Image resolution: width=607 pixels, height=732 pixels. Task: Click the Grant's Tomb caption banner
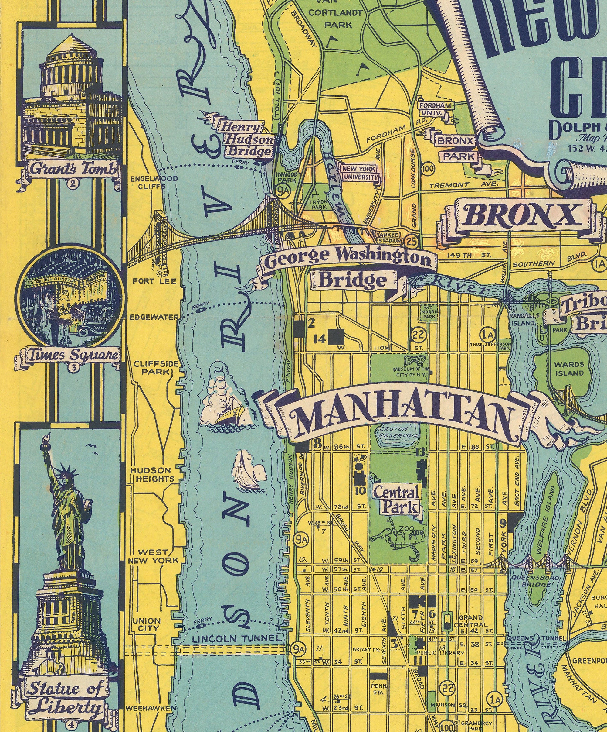pyautogui.click(x=73, y=170)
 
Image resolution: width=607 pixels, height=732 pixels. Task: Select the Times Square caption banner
pyautogui.click(x=73, y=355)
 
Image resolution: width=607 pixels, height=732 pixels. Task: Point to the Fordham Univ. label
pyautogui.click(x=435, y=109)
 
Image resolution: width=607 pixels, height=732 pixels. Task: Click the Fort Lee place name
pyautogui.click(x=154, y=281)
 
